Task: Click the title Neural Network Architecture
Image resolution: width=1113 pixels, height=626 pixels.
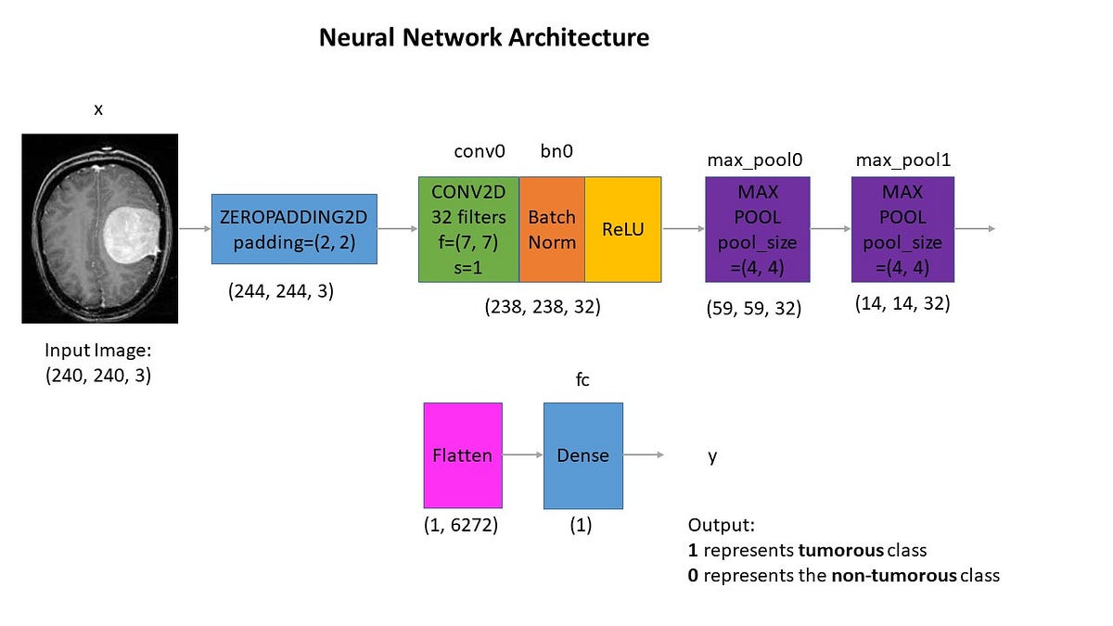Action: coord(483,38)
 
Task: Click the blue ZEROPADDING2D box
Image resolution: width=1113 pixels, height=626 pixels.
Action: coord(294,229)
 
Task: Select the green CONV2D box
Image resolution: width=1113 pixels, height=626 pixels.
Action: coord(468,229)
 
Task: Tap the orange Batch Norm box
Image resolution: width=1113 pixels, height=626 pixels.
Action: coord(552,229)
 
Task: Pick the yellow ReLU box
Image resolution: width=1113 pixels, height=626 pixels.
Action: coord(622,229)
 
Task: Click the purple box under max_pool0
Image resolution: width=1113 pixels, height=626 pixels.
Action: coord(758,229)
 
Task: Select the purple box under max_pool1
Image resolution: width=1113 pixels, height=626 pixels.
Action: coord(902,229)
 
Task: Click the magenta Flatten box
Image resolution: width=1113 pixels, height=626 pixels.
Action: coord(462,455)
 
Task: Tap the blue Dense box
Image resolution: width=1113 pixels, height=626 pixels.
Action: coord(582,455)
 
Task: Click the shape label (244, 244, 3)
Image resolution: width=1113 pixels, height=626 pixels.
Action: coord(281,290)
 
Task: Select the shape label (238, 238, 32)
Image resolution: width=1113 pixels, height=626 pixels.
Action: coord(543,307)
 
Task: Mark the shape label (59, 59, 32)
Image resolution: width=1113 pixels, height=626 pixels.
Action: coord(754,308)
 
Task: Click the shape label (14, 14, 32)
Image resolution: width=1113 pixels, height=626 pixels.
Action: coord(902,302)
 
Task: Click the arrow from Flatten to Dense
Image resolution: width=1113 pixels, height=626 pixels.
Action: coord(522,455)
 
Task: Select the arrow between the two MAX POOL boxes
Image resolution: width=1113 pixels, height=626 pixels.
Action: coord(830,228)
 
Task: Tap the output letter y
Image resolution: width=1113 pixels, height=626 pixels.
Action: coord(712,456)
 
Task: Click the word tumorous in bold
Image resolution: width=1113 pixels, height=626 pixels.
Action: coord(838,549)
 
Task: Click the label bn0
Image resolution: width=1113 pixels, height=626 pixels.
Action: coord(556,150)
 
